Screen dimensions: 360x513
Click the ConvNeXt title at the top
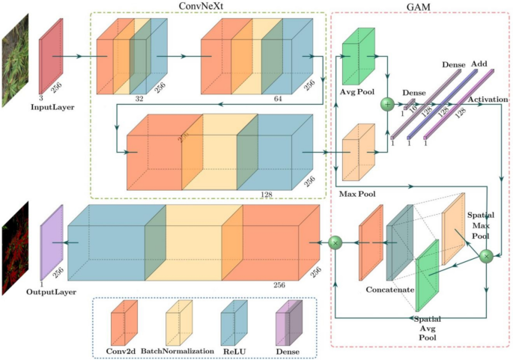coord(208,6)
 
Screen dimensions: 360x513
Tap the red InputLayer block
coord(49,55)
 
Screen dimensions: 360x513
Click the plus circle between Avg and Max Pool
coord(387,103)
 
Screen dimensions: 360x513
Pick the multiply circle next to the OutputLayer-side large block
coord(336,242)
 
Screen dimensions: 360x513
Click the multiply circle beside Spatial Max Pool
coord(486,257)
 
